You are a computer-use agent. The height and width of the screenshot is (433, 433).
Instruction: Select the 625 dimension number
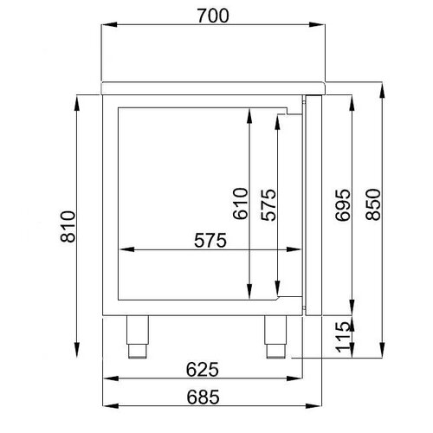pyautogui.click(x=199, y=370)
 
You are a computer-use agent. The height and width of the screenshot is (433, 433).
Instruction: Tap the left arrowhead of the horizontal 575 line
pyautogui.click(x=121, y=251)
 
